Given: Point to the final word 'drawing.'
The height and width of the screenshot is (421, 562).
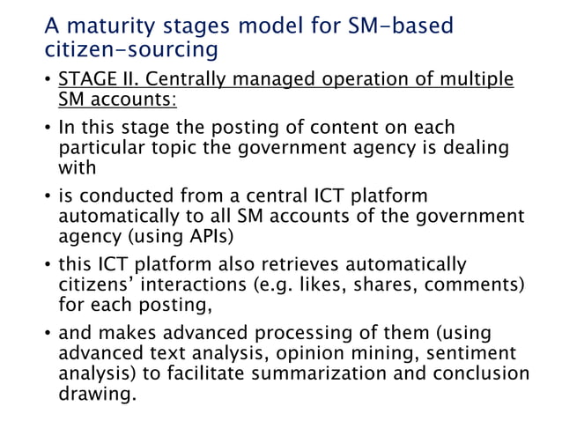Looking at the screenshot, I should [x=97, y=394].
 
